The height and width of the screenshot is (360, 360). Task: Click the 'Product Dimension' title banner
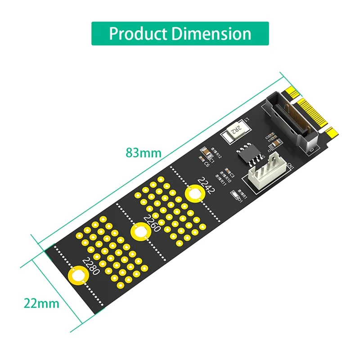180,34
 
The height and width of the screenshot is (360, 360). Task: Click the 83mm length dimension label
143,153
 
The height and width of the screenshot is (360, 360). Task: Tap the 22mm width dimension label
41,303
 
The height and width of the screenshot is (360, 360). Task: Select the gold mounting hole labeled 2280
77,275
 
